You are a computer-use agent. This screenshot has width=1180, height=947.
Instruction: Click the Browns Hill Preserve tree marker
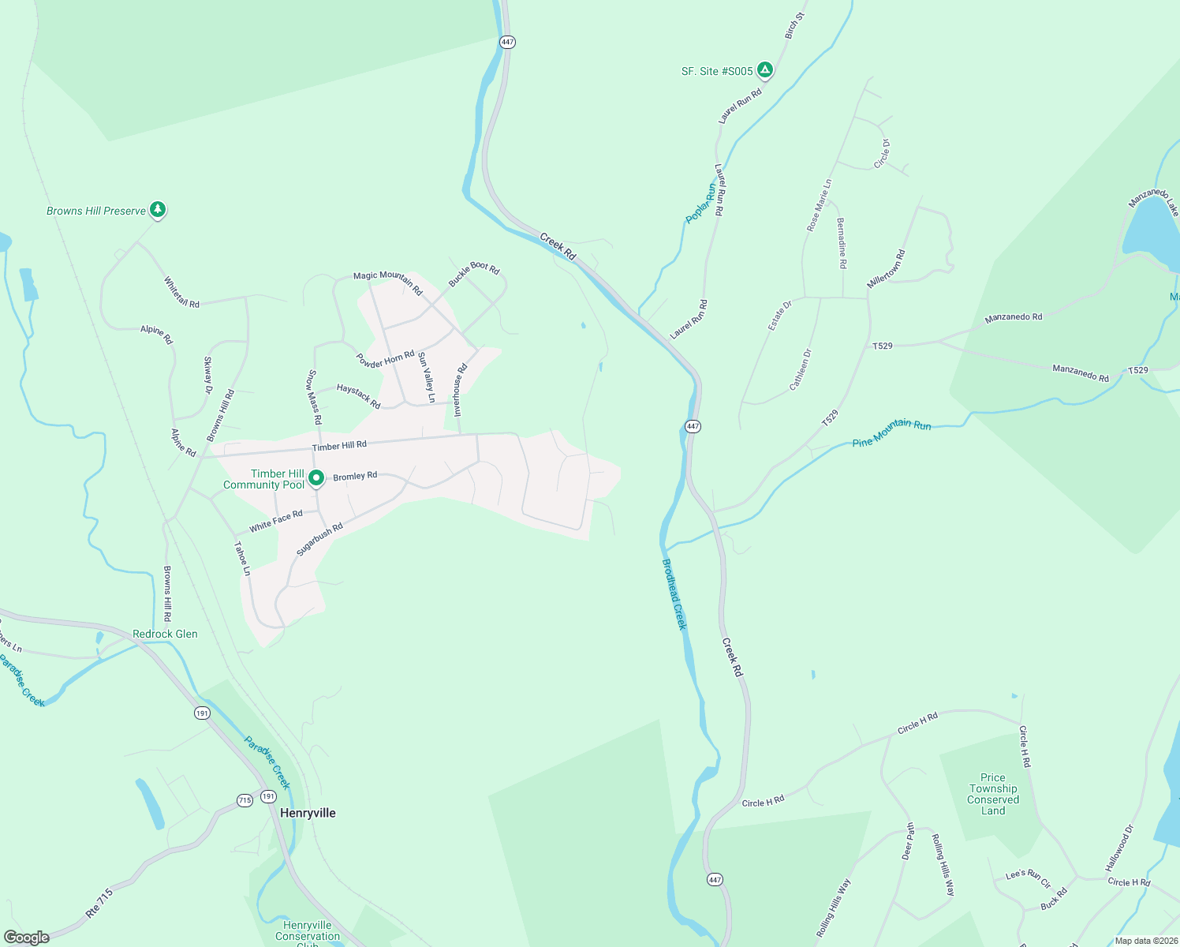click(158, 210)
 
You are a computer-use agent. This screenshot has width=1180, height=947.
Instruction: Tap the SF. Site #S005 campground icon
click(764, 70)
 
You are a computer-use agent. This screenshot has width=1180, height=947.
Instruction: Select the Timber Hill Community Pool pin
click(316, 478)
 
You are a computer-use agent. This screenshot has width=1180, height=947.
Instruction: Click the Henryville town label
click(308, 813)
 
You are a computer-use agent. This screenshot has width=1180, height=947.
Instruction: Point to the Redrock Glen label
click(165, 634)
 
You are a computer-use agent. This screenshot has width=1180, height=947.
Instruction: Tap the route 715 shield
click(245, 800)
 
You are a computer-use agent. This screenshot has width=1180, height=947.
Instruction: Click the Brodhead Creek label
click(674, 593)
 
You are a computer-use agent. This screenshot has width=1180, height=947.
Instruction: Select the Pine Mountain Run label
click(891, 432)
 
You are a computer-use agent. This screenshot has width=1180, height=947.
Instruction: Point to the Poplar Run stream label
click(700, 204)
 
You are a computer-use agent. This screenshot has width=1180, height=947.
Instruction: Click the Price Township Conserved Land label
click(993, 794)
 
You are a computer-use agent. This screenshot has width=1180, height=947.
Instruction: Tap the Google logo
click(27, 937)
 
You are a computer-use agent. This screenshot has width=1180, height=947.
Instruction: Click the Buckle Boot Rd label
click(474, 274)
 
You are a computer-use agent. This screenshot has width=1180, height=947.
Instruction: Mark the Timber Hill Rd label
click(339, 446)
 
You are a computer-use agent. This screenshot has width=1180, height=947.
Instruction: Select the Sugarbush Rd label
click(319, 539)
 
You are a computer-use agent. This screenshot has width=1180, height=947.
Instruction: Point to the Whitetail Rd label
click(181, 292)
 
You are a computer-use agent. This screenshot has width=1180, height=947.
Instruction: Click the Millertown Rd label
click(887, 269)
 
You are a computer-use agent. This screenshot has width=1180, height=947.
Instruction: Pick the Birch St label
click(794, 25)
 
